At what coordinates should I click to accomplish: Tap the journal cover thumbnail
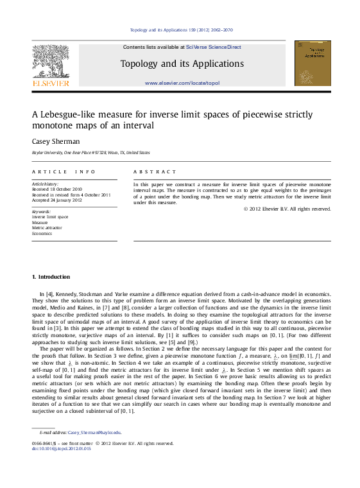pyautogui.click(x=313, y=63)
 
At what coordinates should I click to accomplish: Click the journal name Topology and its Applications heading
pyautogui.click(x=182, y=64)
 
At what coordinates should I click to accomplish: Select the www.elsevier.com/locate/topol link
pyautogui.click(x=182, y=83)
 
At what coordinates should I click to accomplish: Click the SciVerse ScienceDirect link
pyautogui.click(x=214, y=47)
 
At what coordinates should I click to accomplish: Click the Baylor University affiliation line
pyautogui.click(x=91, y=153)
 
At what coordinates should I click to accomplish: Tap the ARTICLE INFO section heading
pyautogui.click(x=64, y=172)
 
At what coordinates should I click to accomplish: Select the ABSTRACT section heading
pyautogui.click(x=155, y=172)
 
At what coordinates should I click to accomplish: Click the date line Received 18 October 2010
pyautogui.click(x=58, y=189)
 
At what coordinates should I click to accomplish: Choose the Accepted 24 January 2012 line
pyautogui.click(x=58, y=200)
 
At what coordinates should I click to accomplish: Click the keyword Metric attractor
pyautogui.click(x=47, y=227)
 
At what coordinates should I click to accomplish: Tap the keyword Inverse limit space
pyautogui.click(x=49, y=217)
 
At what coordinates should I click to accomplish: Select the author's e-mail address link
pyautogui.click(x=94, y=433)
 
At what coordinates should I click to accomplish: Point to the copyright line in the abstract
pyautogui.click(x=287, y=209)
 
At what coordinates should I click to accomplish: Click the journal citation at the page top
pyautogui.click(x=181, y=30)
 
